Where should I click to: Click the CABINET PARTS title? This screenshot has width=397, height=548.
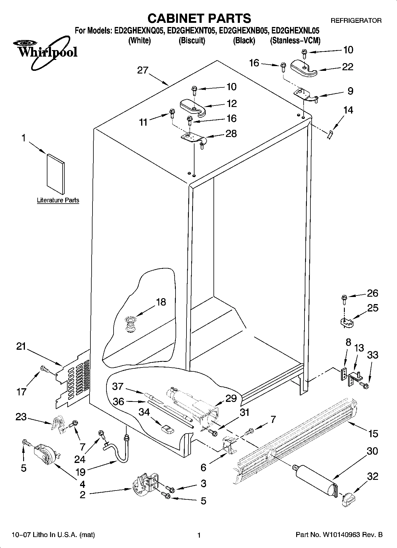point(199,18)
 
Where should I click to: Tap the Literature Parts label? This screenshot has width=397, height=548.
point(58,200)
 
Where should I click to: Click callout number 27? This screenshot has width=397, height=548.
point(143,71)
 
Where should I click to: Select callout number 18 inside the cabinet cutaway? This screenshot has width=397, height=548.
point(161,302)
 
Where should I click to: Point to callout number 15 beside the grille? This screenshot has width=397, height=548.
point(373,434)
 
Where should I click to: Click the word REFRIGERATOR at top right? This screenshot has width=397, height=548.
point(356,21)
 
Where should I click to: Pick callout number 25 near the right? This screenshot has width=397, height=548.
point(373,308)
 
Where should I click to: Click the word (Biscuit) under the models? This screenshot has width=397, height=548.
point(192,41)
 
